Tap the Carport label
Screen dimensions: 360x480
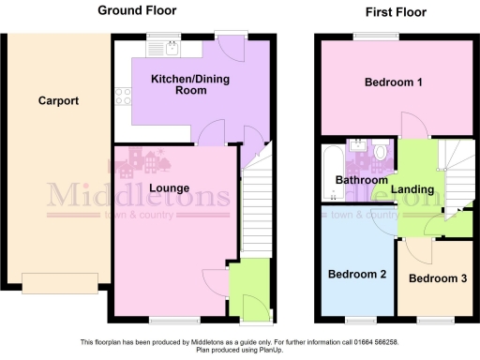pos(58,101)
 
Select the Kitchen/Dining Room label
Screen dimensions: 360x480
pos(190,85)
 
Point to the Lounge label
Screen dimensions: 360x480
pos(168,187)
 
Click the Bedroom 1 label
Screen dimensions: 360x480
pos(393,82)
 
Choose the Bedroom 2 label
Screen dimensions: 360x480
pos(356,275)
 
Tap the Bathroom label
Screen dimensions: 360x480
pos(361,180)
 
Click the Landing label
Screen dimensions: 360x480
pos(412,189)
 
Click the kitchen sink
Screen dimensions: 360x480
pos(172,43)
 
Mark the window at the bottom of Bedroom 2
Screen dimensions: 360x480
pos(355,321)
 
